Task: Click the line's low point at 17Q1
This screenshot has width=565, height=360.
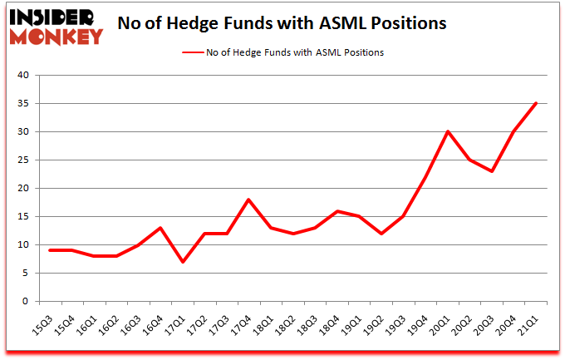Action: tap(183, 262)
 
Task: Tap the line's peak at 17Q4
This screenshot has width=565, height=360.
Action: tap(248, 200)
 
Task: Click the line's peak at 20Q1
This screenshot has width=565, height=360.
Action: tap(448, 131)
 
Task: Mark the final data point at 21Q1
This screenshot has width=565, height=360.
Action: tap(536, 103)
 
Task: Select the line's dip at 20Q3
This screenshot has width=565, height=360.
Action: tap(492, 171)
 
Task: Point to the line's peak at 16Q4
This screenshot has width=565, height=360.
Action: tap(160, 228)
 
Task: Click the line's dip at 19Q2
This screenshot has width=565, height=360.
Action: tap(381, 234)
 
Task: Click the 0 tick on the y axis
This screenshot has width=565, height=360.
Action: tap(26, 302)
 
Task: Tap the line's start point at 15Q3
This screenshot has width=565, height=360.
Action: tap(51, 250)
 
